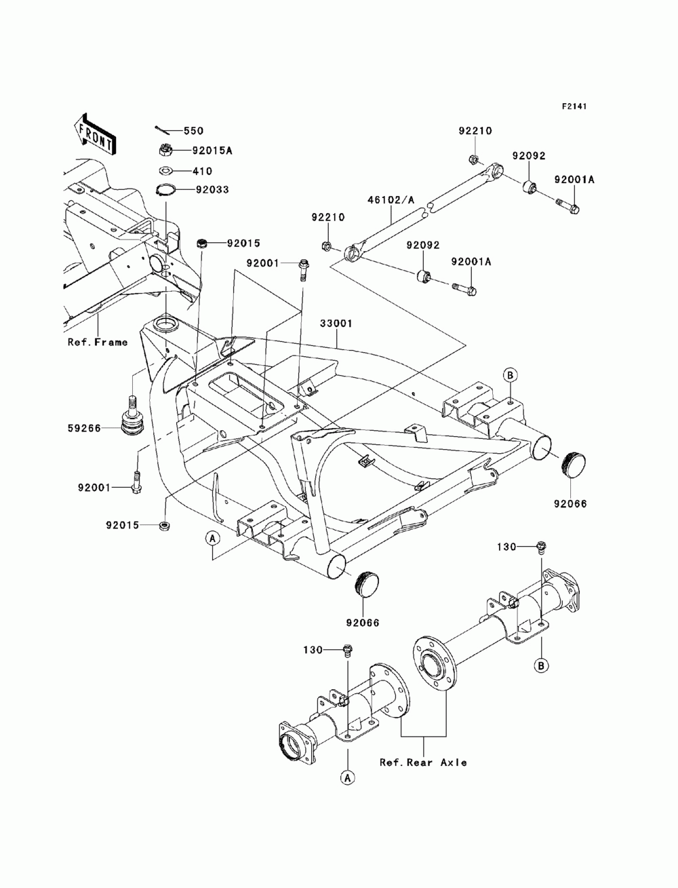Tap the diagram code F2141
coord(574,107)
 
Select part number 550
coord(193,131)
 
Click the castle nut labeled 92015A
coord(165,151)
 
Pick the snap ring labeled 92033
coord(165,189)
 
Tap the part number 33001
coord(336,323)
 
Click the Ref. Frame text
coord(98,343)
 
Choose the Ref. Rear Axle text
coord(423,762)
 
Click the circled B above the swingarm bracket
coord(511,375)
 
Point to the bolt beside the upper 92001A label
coord(567,206)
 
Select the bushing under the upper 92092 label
coord(530,187)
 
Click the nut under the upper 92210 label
coord(474,159)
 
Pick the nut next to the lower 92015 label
coord(164,525)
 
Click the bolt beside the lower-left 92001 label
coord(136,482)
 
